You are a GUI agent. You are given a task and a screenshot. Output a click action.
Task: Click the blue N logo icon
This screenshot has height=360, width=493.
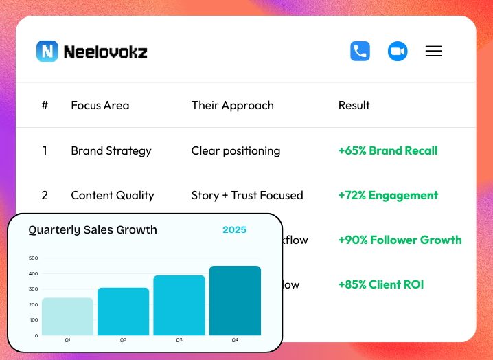(47, 52)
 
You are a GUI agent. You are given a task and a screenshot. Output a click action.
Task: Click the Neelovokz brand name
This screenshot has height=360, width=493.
(105, 52)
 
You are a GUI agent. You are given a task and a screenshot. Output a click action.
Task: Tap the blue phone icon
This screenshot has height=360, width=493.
(360, 52)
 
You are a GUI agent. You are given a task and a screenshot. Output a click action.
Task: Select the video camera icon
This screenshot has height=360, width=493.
(398, 52)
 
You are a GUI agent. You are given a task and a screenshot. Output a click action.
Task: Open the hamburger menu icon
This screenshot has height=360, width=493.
(434, 52)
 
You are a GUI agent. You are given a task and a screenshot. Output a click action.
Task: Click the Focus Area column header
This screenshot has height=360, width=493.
(100, 105)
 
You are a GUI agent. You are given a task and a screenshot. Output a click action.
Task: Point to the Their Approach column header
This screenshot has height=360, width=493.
(232, 105)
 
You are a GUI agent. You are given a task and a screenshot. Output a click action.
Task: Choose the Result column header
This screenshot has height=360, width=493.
(354, 105)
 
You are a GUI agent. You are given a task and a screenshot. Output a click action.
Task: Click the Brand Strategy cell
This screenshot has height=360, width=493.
(111, 150)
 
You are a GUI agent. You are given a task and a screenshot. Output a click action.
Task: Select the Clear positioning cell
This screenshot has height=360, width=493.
(236, 150)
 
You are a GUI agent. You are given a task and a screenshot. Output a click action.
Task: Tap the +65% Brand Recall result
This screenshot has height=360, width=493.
(388, 150)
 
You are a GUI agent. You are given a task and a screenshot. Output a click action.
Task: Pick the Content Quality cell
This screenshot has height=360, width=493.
(113, 195)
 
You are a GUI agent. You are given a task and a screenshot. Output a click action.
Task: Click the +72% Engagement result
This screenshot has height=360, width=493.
(388, 195)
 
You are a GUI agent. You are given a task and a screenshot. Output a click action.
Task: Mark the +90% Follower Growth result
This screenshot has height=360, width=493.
(400, 240)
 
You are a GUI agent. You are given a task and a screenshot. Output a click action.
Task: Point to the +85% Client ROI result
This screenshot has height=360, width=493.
(381, 284)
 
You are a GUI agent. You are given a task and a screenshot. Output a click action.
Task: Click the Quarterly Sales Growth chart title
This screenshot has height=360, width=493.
(93, 230)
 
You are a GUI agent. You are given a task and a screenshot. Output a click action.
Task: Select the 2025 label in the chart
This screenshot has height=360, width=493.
(234, 230)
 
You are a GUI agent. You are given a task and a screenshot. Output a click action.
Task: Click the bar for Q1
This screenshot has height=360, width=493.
(67, 317)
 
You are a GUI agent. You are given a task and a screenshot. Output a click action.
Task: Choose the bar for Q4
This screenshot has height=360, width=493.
(235, 301)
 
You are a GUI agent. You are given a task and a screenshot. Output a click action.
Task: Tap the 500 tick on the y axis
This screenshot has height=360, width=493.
(34, 258)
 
